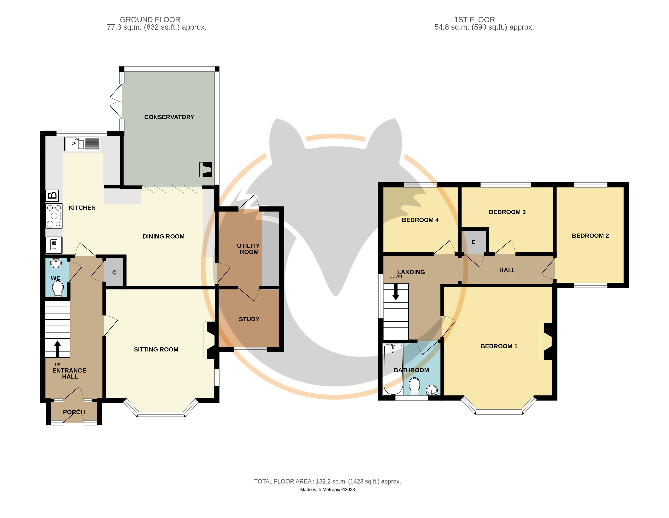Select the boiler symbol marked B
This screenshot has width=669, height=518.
[52, 195]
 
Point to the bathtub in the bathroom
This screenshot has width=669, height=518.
[393, 369]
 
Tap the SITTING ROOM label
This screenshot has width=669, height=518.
[156, 349]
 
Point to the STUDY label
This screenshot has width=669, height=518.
[249, 319]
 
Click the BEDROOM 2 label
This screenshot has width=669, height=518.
[590, 236]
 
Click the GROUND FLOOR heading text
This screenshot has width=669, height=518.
[150, 20]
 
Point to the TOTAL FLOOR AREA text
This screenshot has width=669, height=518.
[327, 481]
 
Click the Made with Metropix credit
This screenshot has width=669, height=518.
[327, 490]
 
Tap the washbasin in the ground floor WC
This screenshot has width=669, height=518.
[56, 263]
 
